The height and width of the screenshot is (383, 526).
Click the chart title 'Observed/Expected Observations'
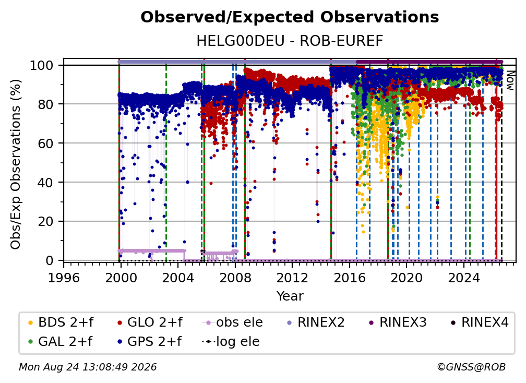tap(290, 17)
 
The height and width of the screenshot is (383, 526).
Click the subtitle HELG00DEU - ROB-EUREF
tap(290, 41)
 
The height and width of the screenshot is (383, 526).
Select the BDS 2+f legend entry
tap(61, 322)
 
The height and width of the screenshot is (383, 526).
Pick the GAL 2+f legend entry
tap(60, 341)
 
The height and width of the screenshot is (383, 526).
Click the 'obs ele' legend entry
tap(233, 322)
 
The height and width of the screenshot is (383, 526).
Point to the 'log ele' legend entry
tap(231, 341)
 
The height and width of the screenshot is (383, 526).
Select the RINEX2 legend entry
tap(316, 322)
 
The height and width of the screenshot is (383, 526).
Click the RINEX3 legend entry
tap(398, 322)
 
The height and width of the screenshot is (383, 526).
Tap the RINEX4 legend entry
tap(480, 322)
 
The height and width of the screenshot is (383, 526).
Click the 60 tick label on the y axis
tap(45, 143)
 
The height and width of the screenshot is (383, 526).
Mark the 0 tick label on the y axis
tap(50, 260)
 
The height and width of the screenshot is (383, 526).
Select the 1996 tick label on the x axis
tap(64, 278)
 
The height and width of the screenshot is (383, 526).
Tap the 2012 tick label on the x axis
tap(292, 278)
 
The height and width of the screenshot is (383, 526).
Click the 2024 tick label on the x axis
tap(464, 278)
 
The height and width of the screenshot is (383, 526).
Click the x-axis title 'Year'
tap(290, 296)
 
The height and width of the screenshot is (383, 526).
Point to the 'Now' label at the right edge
tap(510, 80)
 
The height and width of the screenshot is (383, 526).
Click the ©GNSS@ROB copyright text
tap(471, 367)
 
